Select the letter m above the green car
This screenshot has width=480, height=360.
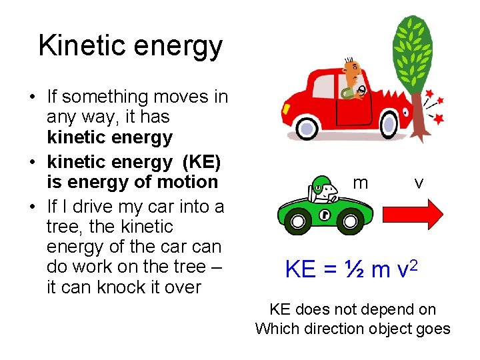(361, 183)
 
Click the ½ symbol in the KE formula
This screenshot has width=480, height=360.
(354, 269)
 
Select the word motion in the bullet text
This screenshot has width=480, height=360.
(189, 181)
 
